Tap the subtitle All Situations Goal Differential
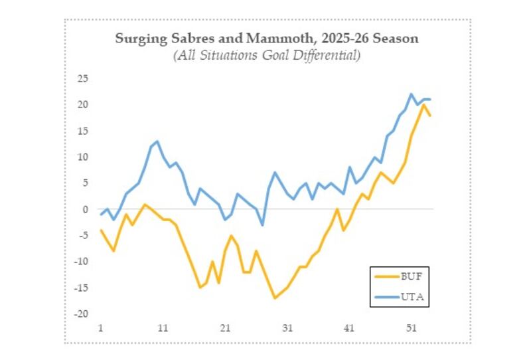267,56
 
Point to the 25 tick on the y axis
83,78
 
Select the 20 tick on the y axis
83,105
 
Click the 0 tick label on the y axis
86,209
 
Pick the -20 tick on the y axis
82,314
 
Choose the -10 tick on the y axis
82,261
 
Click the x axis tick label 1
100,329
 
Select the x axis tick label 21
225,329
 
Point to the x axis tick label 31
287,329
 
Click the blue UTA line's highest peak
412,94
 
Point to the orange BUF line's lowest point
275,298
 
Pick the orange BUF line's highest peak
423,105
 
